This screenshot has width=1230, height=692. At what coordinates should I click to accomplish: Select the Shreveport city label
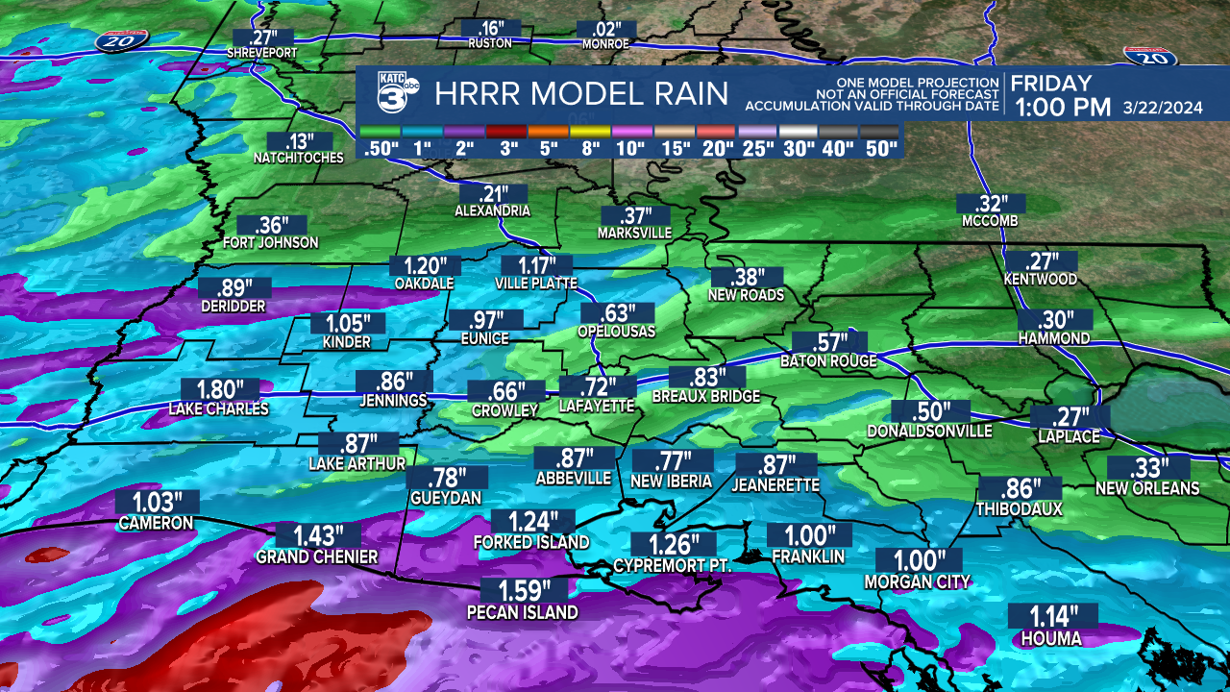click(262, 52)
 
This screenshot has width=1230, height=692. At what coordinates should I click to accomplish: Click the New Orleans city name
click(1147, 489)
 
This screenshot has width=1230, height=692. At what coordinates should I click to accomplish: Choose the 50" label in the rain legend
click(880, 148)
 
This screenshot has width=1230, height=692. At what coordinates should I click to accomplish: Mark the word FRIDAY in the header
click(1051, 83)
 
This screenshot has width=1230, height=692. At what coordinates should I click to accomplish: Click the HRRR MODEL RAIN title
click(581, 94)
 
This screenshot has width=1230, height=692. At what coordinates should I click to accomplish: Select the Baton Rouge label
click(828, 361)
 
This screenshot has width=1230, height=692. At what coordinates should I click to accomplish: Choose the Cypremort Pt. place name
click(673, 566)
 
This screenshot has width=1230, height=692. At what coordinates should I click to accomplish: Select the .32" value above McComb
click(990, 204)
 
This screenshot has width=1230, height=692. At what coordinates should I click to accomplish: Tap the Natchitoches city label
click(298, 158)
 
